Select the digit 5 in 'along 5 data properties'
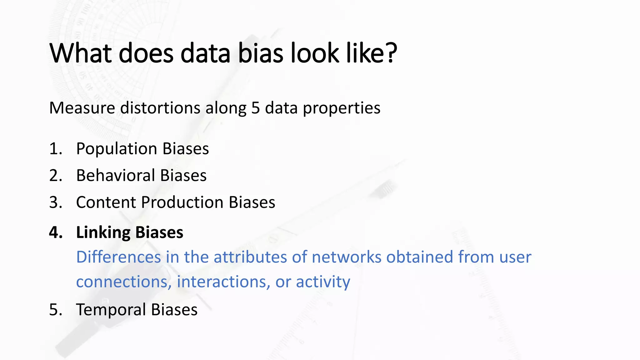click(x=255, y=108)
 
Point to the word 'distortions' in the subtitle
click(x=160, y=108)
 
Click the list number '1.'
click(x=56, y=149)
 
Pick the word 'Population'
click(x=117, y=149)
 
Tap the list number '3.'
click(x=56, y=202)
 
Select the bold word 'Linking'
click(x=103, y=232)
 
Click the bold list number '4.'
click(x=56, y=232)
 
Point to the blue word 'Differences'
click(x=118, y=257)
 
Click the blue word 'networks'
click(x=346, y=257)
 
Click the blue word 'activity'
click(x=323, y=282)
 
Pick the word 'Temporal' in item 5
click(x=111, y=310)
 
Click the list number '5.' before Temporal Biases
click(x=56, y=310)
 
